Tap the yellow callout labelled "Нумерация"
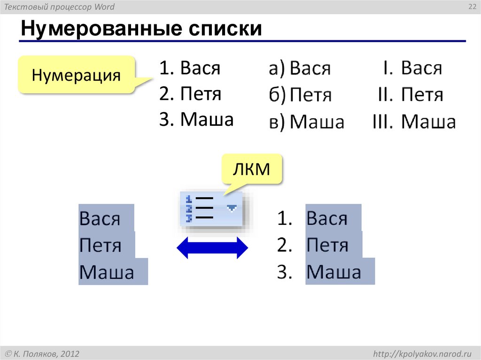(x=76, y=75)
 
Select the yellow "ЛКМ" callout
(x=252, y=169)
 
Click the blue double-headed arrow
(x=212, y=247)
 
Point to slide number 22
(x=470, y=6)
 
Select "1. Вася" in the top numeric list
(x=189, y=68)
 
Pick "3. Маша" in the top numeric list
(x=196, y=120)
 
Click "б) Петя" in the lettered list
(x=300, y=95)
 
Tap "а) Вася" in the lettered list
(x=300, y=69)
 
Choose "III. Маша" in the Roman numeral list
(x=413, y=122)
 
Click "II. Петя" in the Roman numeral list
(x=411, y=95)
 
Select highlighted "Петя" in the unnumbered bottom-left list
(x=101, y=245)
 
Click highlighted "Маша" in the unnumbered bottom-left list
(x=107, y=272)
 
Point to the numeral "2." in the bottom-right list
(x=285, y=245)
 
